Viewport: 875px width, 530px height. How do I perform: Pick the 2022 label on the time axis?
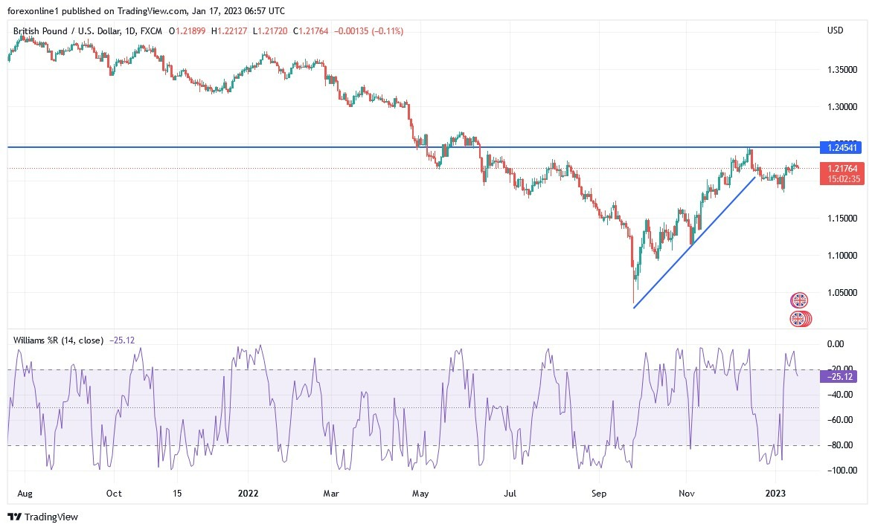[249, 493]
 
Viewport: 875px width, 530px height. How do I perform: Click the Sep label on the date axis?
[600, 493]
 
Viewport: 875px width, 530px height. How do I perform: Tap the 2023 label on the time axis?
[776, 493]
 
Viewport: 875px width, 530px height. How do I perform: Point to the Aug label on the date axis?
[24, 493]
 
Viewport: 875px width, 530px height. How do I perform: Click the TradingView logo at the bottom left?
[43, 517]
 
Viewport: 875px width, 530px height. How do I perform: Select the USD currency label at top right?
[835, 30]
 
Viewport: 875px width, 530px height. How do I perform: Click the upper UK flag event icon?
[798, 300]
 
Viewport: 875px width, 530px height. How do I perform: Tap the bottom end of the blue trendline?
[633, 308]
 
